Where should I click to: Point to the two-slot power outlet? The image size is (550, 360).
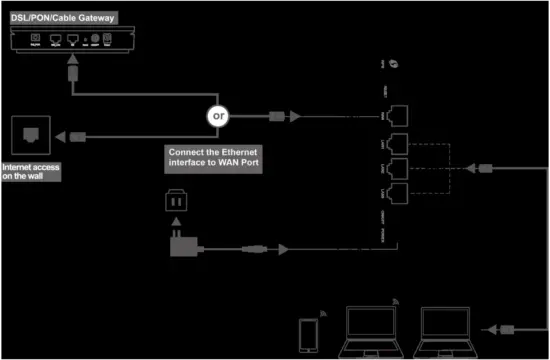pyautogui.click(x=175, y=202)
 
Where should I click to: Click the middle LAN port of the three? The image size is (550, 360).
pyautogui.click(x=399, y=165)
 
